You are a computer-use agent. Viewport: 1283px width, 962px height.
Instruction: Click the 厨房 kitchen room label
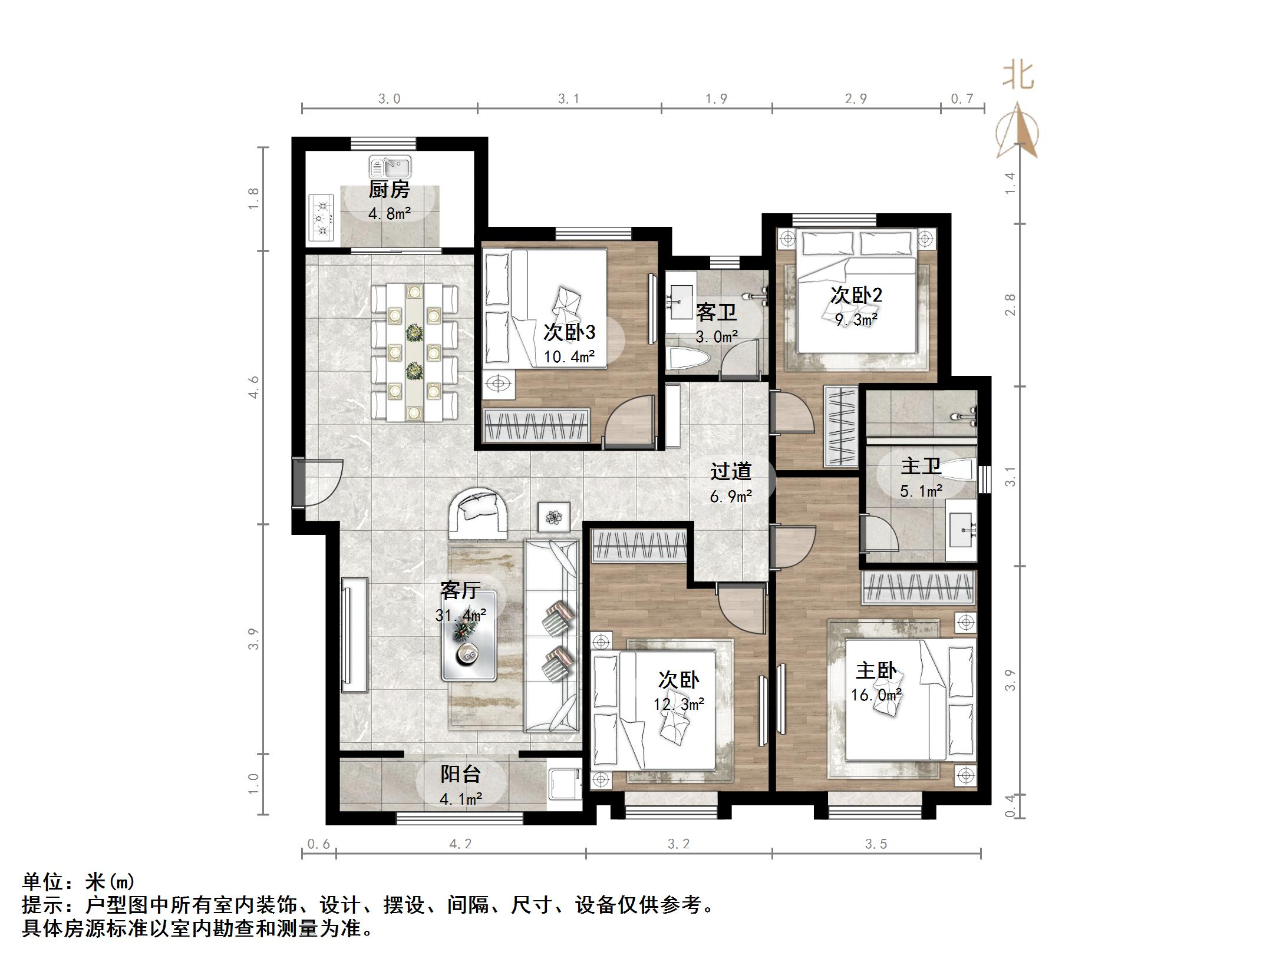tap(389, 190)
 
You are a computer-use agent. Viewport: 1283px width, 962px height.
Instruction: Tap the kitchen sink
tap(390, 167)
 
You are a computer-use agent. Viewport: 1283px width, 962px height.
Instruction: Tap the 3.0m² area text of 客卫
tap(717, 337)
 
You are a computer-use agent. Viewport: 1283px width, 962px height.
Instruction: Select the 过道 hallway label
tap(731, 471)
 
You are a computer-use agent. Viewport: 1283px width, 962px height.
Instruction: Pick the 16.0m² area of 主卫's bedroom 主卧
tap(876, 695)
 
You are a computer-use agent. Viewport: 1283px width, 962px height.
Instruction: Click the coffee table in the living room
tap(470, 636)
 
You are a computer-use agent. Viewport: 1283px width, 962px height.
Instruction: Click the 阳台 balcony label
tap(461, 773)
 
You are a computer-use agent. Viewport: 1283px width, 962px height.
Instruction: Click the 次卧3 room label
tap(569, 332)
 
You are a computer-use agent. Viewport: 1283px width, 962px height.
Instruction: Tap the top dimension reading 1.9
tap(716, 99)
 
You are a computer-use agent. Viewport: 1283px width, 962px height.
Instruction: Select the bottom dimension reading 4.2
tap(460, 844)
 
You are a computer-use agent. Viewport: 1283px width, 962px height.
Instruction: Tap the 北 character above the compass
tap(1019, 77)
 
